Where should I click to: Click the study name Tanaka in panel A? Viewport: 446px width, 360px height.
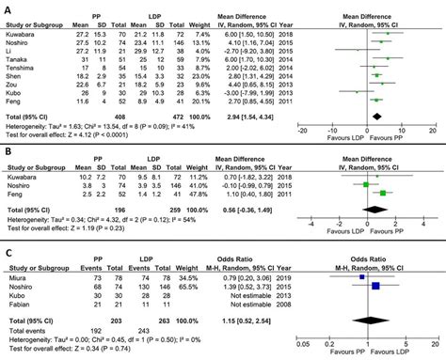click(x=17, y=58)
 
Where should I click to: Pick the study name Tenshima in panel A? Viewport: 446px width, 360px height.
click(x=21, y=67)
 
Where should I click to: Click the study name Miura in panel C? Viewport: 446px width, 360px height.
click(x=16, y=278)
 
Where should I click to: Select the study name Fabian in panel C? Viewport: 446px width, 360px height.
click(x=17, y=304)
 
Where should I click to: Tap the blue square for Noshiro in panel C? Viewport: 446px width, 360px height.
click(x=378, y=287)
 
